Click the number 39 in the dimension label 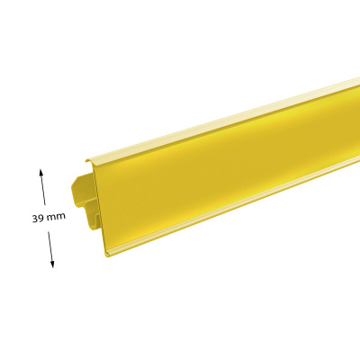pyautogui.click(x=38, y=218)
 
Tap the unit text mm pyautogui.click(x=56, y=217)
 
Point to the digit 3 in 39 pyautogui.click(x=35, y=219)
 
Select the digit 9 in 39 pyautogui.click(x=40, y=218)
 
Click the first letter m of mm pyautogui.click(x=50, y=217)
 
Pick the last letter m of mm pyautogui.click(x=60, y=216)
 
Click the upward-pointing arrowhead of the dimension pyautogui.click(x=41, y=172)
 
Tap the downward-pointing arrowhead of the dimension pyautogui.click(x=52, y=264)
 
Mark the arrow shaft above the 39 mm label pyautogui.click(x=43, y=187)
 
